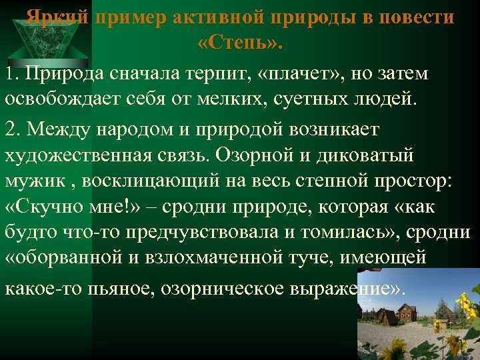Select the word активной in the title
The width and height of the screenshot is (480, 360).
coord(211,18)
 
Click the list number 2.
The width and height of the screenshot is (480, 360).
coord(11,128)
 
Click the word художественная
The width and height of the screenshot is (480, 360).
coord(87,155)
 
